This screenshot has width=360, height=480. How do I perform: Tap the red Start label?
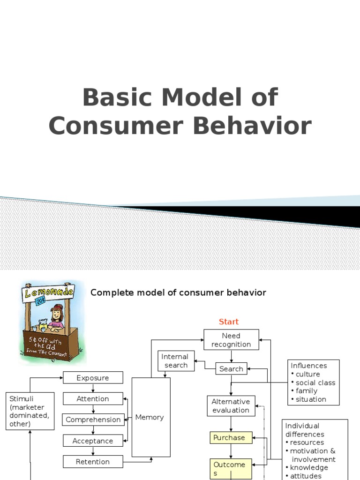coord(229,322)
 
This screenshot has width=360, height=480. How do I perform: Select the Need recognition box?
coord(231,340)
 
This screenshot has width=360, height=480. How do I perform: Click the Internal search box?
coord(176,361)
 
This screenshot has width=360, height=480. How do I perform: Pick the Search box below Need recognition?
coord(231,369)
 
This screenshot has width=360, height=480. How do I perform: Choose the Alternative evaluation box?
coord(231,406)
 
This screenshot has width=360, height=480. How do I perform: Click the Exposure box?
coord(93,378)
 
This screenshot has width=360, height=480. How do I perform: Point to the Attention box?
coord(93,399)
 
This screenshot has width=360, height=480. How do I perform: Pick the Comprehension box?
coord(93,420)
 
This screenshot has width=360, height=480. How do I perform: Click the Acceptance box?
coord(93,441)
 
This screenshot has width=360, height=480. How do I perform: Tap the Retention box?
coord(93,462)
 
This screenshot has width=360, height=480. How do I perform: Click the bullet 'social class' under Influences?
coord(315,382)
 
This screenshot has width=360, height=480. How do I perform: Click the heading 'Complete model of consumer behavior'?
coord(178,293)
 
